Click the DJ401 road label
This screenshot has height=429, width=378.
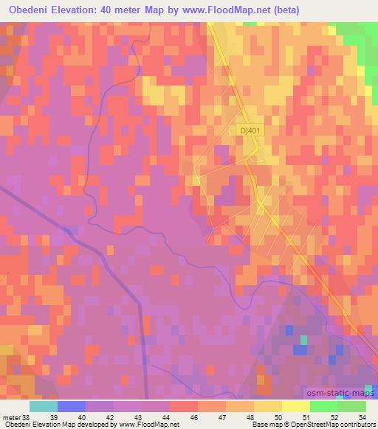click(250, 130)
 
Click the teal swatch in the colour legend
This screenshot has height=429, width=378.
click(44, 406)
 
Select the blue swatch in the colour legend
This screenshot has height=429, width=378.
click(72, 406)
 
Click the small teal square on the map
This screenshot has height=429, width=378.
click(303, 340)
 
